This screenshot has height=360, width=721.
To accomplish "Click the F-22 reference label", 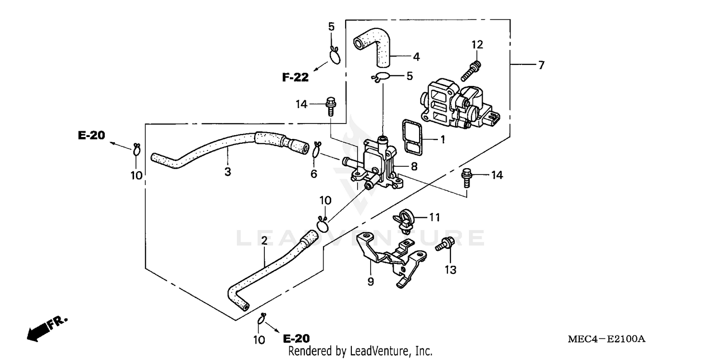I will (x=295, y=77).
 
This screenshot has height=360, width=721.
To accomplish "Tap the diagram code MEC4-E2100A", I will (x=606, y=339).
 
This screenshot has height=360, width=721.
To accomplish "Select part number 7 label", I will (x=541, y=65).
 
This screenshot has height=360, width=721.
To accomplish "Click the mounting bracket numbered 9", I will (x=389, y=260).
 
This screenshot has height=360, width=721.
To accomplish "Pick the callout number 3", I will (x=227, y=172).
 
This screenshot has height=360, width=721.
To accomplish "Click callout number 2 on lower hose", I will (x=264, y=240).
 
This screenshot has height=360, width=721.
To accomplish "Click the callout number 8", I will (x=414, y=166).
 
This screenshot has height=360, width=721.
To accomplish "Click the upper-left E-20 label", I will (x=91, y=136).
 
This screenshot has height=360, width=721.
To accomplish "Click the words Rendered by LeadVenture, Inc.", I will (x=360, y=351).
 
